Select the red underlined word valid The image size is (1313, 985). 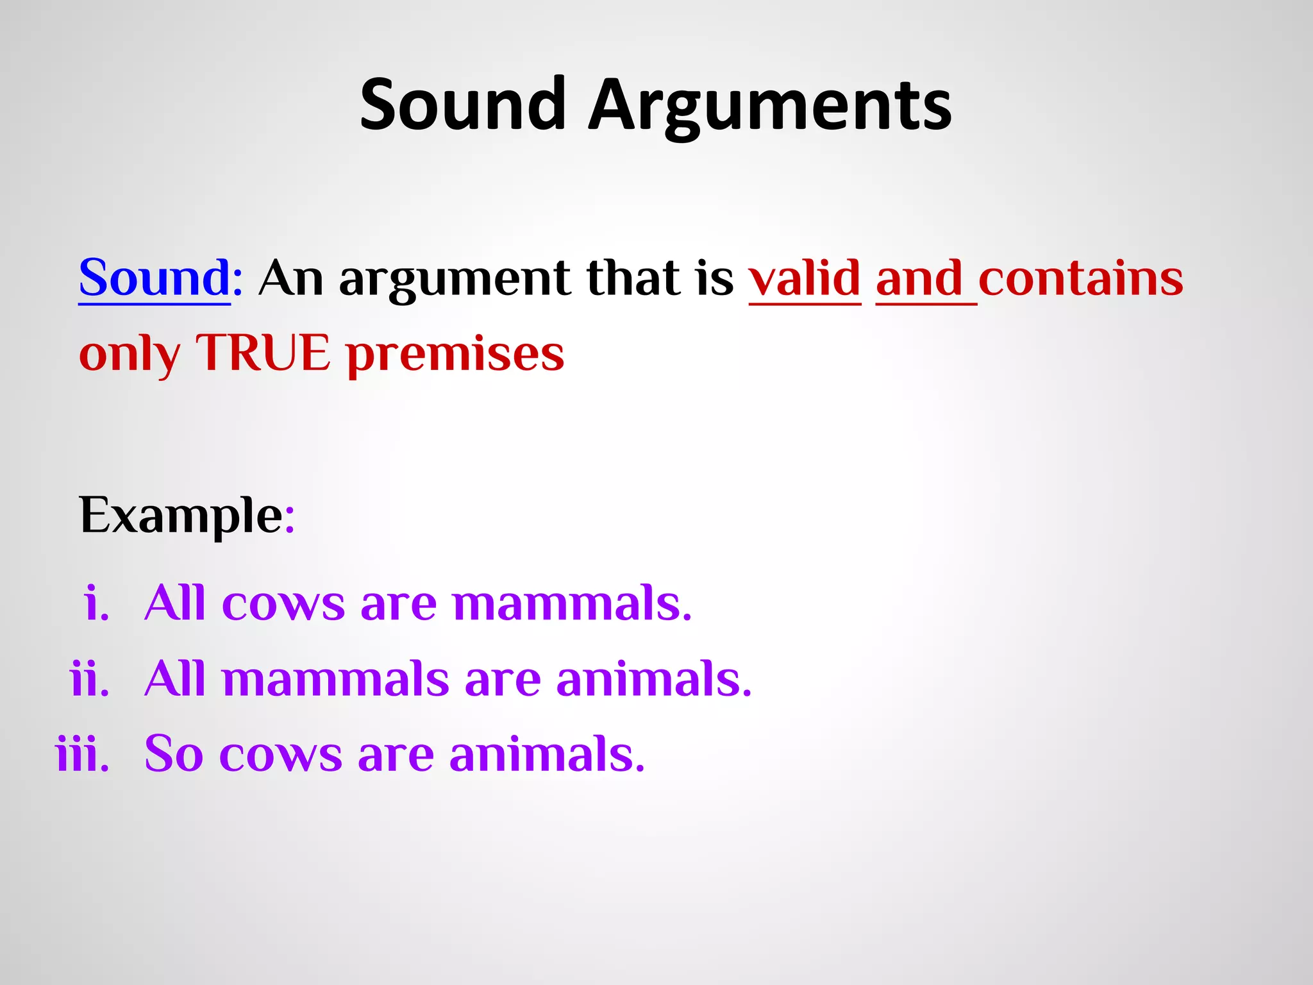(x=805, y=279)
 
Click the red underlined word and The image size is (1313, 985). (x=919, y=279)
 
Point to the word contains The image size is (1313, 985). (x=1081, y=279)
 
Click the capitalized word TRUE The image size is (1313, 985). (x=263, y=353)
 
